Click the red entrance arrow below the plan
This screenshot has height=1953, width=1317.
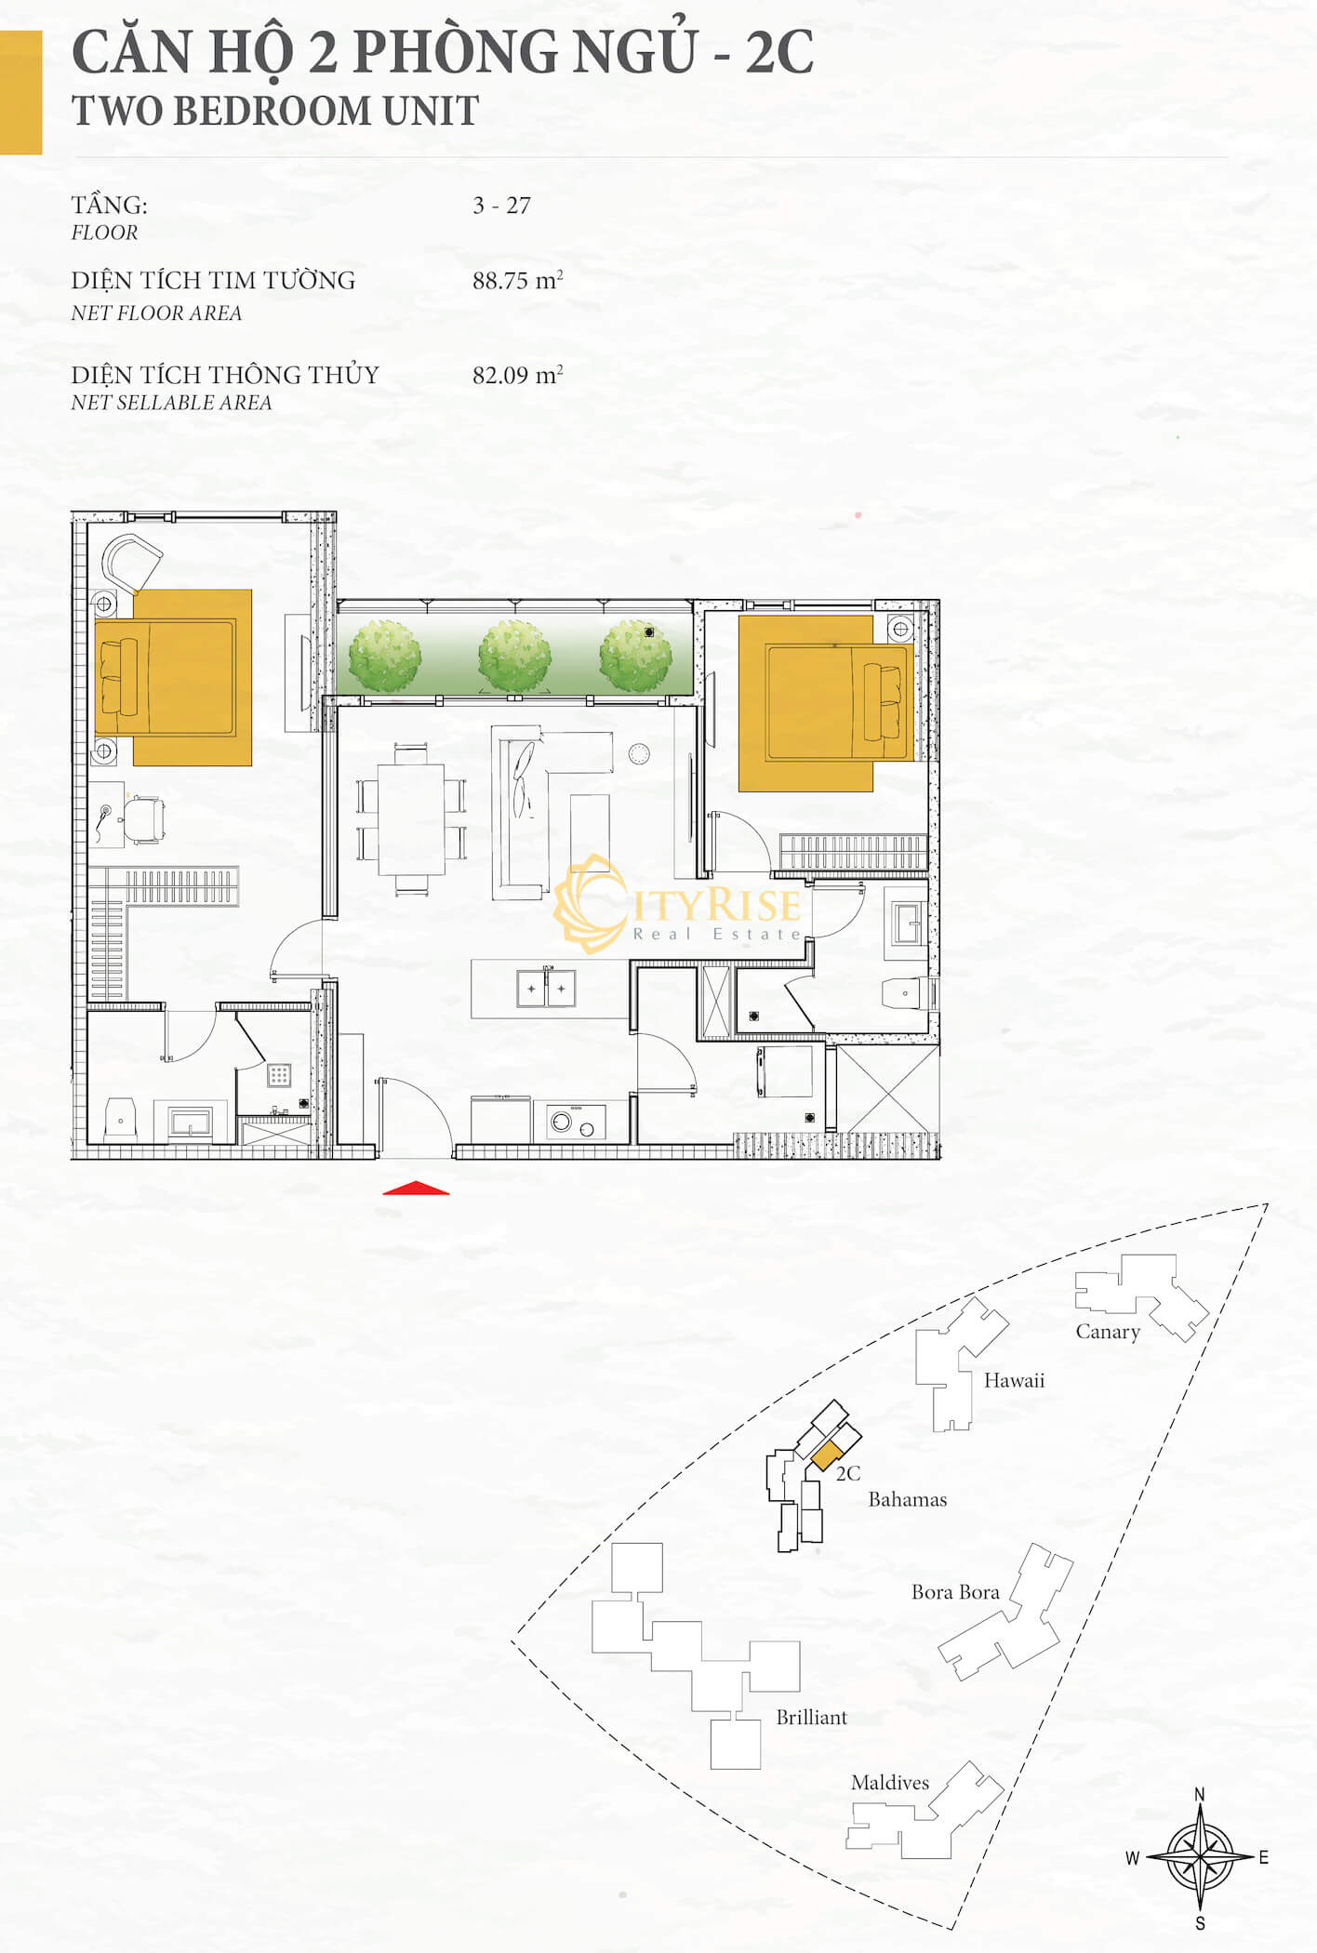(x=416, y=1188)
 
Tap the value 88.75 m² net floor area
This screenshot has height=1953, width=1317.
(x=517, y=280)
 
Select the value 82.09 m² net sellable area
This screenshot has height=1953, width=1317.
(x=517, y=375)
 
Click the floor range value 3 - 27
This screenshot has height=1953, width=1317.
(x=501, y=206)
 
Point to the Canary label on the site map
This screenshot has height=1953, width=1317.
(x=1108, y=1332)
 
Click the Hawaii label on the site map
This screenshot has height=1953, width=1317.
(x=1014, y=1380)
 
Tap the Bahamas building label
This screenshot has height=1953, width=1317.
(x=908, y=1499)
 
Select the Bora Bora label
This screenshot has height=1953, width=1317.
(x=955, y=1592)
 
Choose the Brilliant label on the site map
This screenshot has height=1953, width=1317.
(x=812, y=1718)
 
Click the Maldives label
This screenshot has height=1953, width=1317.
(x=890, y=1783)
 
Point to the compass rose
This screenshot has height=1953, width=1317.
(x=1200, y=1857)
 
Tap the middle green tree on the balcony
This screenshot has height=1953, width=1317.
(x=514, y=656)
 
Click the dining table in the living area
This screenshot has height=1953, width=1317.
(x=411, y=819)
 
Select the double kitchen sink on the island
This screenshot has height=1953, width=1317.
(x=546, y=988)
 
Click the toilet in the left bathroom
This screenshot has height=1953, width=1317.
(x=121, y=1120)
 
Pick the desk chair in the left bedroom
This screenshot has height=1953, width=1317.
(x=144, y=820)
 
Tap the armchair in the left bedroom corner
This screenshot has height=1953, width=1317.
(x=131, y=563)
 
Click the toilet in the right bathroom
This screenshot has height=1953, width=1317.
(x=905, y=993)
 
